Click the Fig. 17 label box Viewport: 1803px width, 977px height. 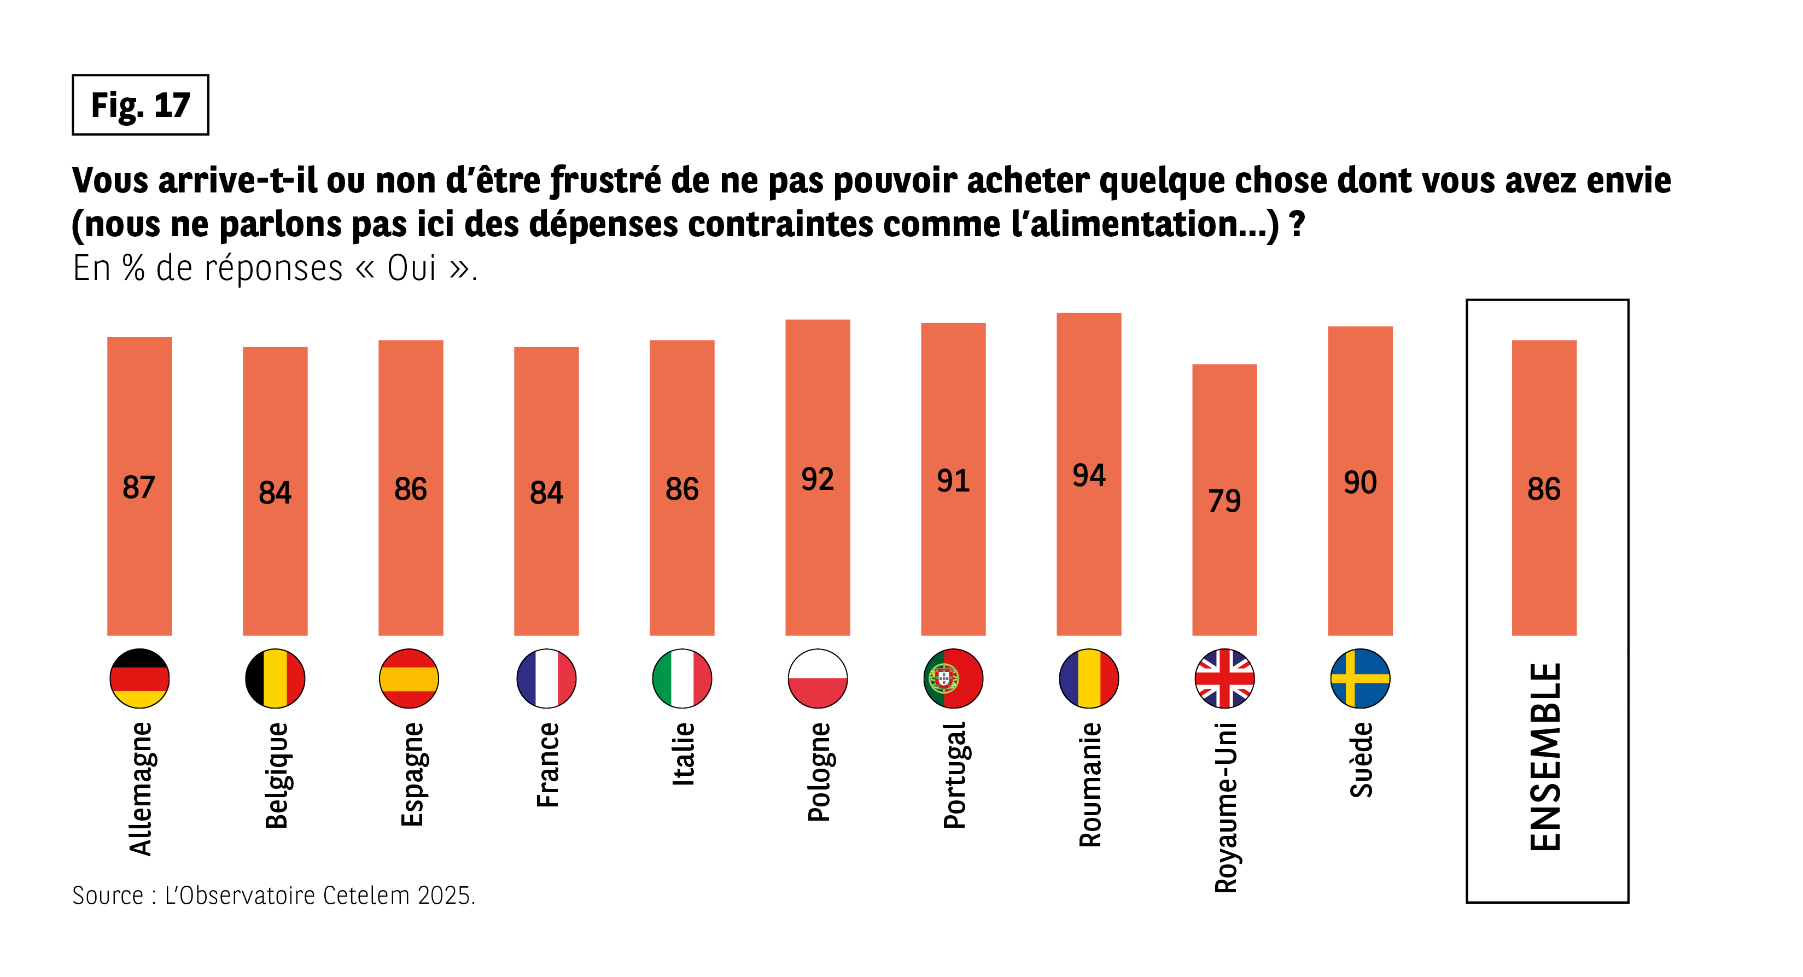[140, 105]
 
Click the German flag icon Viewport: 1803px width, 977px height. [139, 678]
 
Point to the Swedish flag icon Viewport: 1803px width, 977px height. [1360, 678]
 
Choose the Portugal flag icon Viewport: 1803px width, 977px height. [953, 678]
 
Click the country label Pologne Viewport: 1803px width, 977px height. [818, 772]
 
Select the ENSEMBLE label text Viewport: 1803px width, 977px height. [1545, 757]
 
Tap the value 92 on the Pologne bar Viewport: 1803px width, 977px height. [818, 479]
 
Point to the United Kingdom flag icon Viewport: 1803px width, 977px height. [1224, 678]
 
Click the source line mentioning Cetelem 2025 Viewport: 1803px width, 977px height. [273, 895]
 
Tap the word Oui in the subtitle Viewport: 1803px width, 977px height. [412, 268]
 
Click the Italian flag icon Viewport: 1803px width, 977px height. [682, 678]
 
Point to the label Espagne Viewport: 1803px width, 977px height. [412, 775]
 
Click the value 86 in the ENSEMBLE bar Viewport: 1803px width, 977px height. [1544, 489]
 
